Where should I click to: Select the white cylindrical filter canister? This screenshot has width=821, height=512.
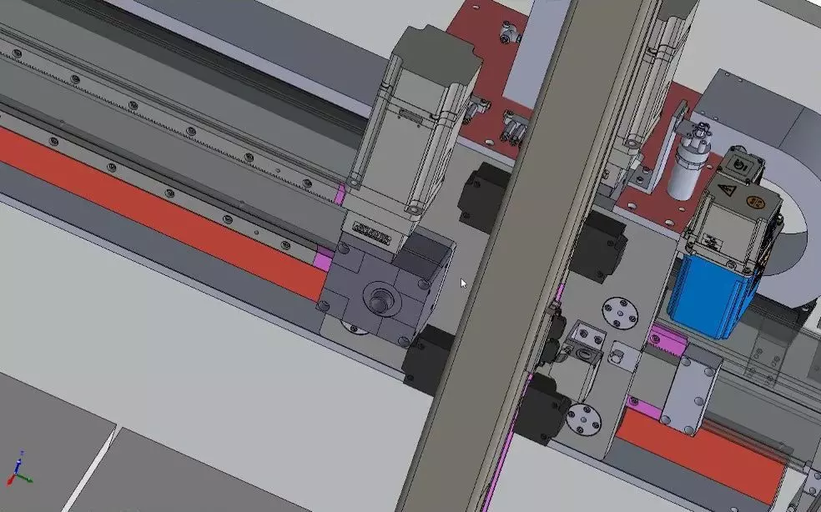coord(686,163)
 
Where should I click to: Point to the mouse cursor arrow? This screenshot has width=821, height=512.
coord(464,284)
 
